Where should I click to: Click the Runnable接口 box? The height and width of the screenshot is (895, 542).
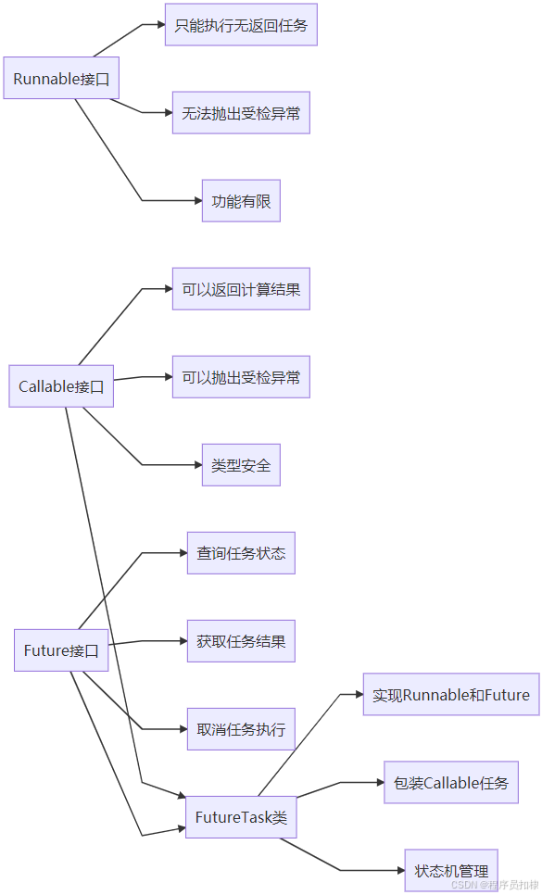click(61, 79)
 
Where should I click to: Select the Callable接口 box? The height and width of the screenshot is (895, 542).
click(61, 386)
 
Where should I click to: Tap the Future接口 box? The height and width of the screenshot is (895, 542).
click(61, 650)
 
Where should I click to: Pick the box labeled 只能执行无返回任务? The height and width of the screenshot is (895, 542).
click(241, 25)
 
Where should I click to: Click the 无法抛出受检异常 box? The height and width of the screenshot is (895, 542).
click(241, 113)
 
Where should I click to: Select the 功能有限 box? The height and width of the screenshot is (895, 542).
click(241, 201)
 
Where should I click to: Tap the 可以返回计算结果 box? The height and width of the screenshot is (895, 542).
click(241, 289)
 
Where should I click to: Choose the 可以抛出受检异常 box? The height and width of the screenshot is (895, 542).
click(241, 377)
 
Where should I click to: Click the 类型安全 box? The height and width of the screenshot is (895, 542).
click(241, 465)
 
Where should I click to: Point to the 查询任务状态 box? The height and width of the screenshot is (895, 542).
click(241, 553)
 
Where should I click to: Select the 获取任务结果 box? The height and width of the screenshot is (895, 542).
click(241, 641)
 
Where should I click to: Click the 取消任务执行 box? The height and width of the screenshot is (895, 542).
click(241, 729)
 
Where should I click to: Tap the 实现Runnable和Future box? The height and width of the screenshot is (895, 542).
click(450, 694)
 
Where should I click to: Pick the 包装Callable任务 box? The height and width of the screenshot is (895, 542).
click(450, 782)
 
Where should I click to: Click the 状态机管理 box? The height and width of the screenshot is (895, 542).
click(450, 870)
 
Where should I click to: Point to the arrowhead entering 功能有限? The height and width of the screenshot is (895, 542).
click(196, 201)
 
